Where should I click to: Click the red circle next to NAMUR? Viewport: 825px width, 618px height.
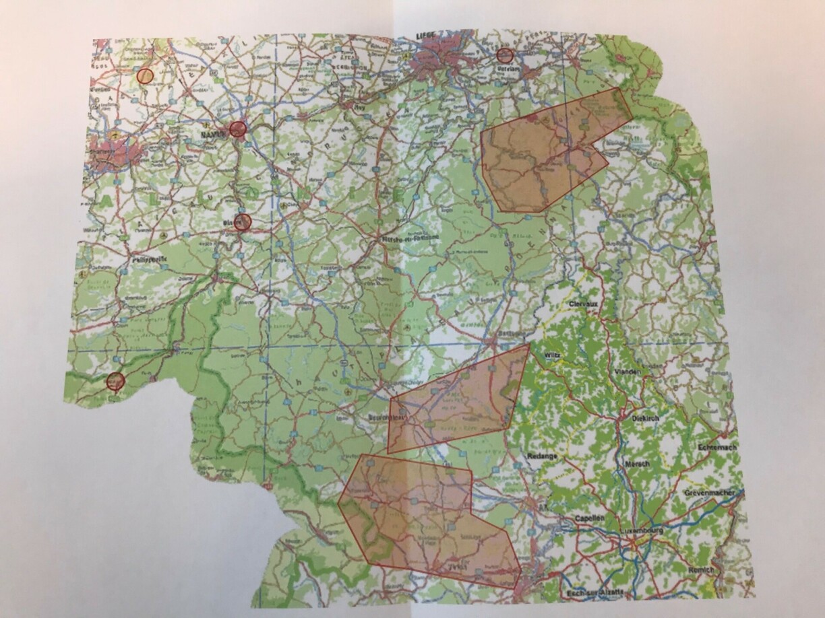(x=237, y=129)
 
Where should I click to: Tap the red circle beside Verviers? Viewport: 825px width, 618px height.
(x=505, y=56)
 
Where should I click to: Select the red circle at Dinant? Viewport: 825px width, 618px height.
(x=243, y=222)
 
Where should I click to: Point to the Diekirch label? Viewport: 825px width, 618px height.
(x=645, y=417)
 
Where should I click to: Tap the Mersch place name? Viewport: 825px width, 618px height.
(x=636, y=464)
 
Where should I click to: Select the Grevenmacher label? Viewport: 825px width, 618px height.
(x=712, y=493)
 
